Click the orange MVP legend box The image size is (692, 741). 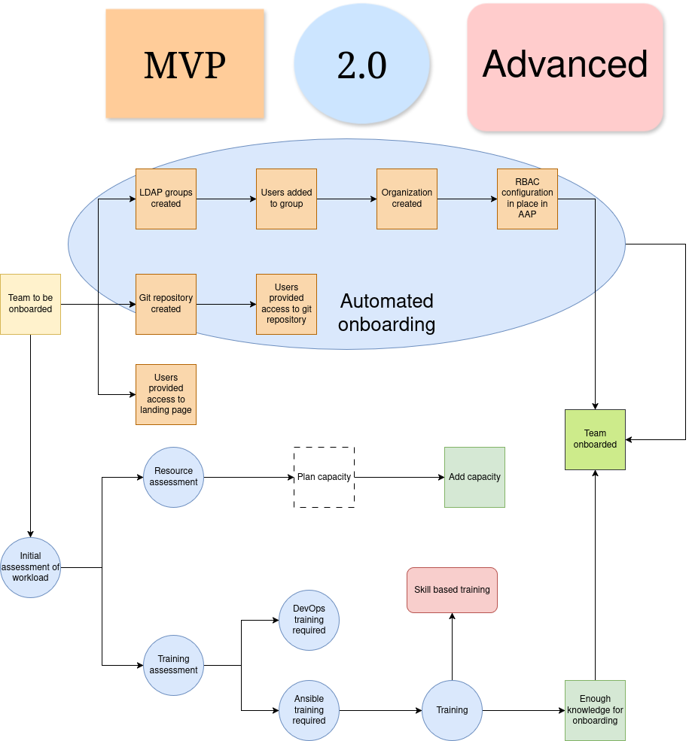click(x=184, y=64)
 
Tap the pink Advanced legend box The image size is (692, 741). click(x=565, y=66)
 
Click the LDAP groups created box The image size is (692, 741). click(x=166, y=199)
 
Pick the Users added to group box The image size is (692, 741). click(x=286, y=199)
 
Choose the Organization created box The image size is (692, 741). click(x=407, y=199)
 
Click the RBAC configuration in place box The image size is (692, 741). click(x=527, y=199)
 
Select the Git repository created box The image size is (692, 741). click(x=166, y=304)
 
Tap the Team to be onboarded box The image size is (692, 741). click(x=30, y=304)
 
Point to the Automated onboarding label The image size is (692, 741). click(x=386, y=312)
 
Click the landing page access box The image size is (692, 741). click(x=166, y=394)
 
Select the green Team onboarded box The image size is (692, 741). click(x=595, y=439)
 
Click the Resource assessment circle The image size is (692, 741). click(x=173, y=477)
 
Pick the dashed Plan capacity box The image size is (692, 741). click(x=324, y=477)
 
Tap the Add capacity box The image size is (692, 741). click(x=474, y=477)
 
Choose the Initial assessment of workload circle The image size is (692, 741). click(x=30, y=567)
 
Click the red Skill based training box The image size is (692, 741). click(x=452, y=590)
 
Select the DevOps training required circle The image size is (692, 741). click(x=309, y=620)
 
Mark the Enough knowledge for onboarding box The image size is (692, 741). click(x=595, y=710)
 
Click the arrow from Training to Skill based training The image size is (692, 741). click(x=452, y=647)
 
